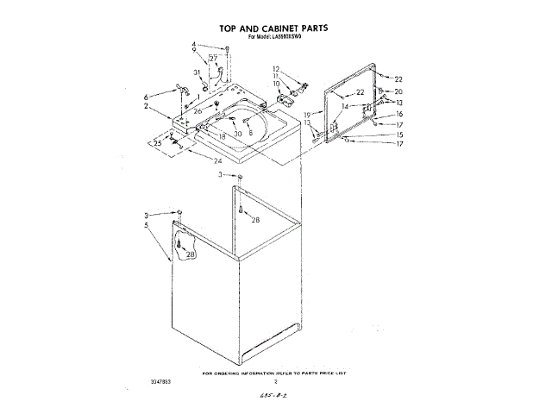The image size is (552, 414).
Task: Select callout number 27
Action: (x=213, y=58)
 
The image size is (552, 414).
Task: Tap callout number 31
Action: (x=197, y=72)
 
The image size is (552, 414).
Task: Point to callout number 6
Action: (x=146, y=96)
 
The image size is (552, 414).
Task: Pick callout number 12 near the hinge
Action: (x=276, y=68)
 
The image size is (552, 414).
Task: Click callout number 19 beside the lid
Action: (x=306, y=115)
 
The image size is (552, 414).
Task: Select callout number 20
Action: (x=398, y=91)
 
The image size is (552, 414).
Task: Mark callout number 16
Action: (x=398, y=114)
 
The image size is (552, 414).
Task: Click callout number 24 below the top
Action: (x=217, y=160)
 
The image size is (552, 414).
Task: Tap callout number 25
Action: (x=158, y=142)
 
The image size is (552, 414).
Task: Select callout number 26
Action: (x=198, y=111)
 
